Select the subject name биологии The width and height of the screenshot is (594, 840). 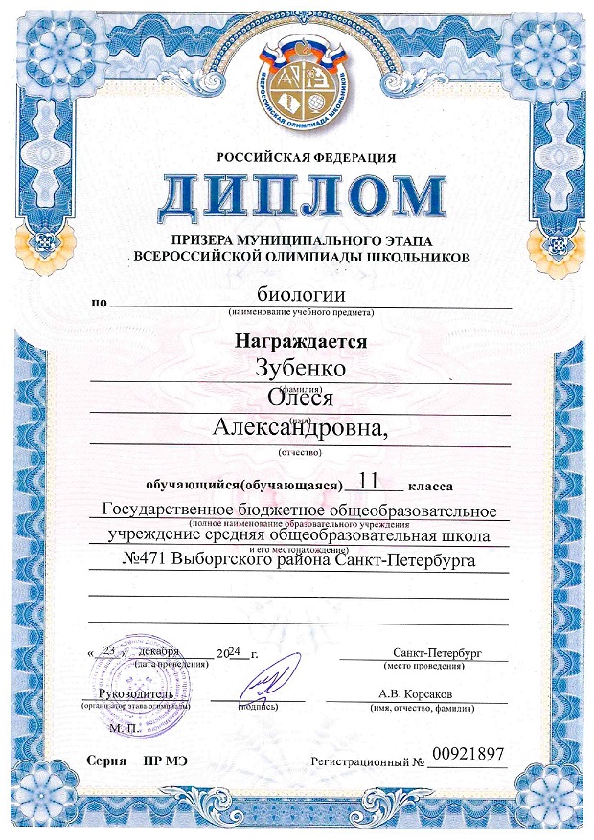tap(299, 296)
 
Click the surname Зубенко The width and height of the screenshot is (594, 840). tap(299, 366)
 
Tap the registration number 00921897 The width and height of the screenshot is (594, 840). tap(467, 757)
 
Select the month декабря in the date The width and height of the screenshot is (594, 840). tap(158, 650)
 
